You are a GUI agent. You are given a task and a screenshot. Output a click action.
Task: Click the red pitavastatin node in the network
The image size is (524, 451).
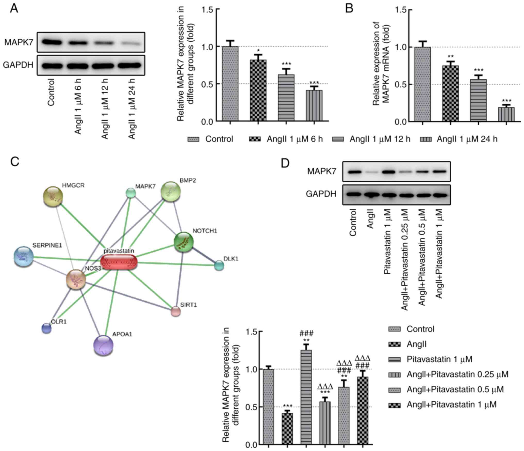pos(119,262)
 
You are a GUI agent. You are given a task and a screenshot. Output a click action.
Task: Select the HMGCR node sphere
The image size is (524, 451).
pos(53,197)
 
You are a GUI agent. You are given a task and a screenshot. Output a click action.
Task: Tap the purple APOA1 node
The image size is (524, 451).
pos(103,346)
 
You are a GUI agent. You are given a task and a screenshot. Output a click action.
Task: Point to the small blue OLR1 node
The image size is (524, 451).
pos(46,328)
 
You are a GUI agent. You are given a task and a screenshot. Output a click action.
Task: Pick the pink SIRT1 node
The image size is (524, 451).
pos(176,311)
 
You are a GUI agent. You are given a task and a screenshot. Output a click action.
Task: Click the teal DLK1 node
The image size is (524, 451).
pos(219,266)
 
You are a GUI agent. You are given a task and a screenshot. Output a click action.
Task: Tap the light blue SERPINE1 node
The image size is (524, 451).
pos(24,256)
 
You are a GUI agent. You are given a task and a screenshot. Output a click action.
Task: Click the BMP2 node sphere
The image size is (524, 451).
pos(170,191)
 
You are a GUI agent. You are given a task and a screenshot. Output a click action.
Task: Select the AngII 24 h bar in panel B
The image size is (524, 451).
pos(506,114)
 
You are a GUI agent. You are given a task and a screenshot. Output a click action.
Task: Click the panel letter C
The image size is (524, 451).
pos(15,162)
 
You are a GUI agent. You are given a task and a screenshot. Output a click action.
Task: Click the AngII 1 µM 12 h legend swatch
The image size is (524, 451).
pos(338,139)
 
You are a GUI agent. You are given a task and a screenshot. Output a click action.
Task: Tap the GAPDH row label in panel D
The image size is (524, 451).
pos(321,193)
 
